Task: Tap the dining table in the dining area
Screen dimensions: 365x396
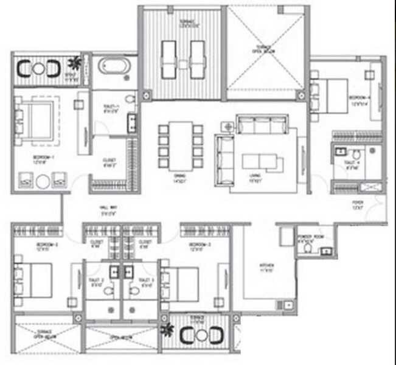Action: (x=179, y=147)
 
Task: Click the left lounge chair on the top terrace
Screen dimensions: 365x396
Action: (x=168, y=59)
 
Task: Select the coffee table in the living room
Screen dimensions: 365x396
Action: (x=262, y=161)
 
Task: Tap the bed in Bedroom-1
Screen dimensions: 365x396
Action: (x=36, y=118)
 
